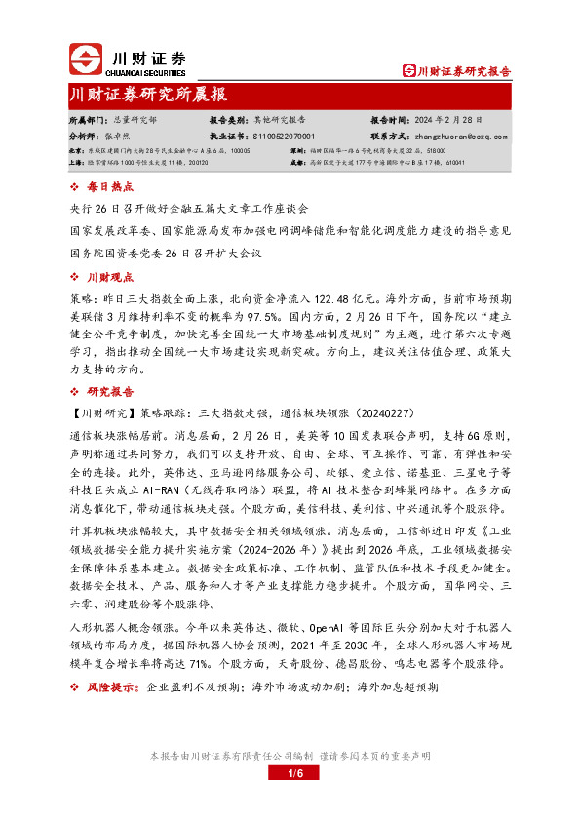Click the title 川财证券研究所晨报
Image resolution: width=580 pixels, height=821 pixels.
(148, 95)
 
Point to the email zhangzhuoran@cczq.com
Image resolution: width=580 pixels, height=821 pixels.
(457, 137)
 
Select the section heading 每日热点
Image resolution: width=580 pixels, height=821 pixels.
(109, 186)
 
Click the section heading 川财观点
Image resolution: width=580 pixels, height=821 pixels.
(109, 277)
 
